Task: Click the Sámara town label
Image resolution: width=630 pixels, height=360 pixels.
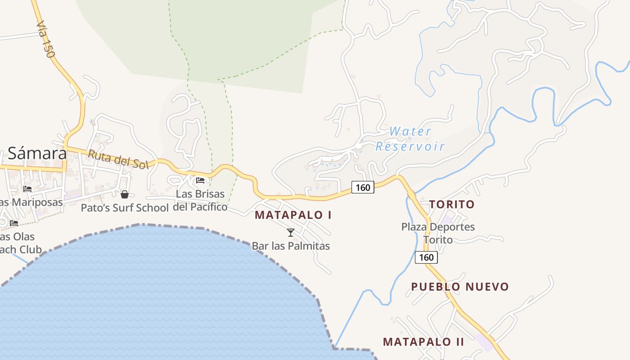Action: pyautogui.click(x=37, y=154)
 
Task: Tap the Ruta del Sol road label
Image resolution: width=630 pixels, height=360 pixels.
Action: pyautogui.click(x=118, y=159)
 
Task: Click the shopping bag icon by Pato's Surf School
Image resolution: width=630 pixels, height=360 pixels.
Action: pyautogui.click(x=125, y=194)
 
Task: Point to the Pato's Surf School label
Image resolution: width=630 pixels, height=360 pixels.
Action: pyautogui.click(x=125, y=207)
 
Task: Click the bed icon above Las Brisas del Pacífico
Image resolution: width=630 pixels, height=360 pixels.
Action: pyautogui.click(x=200, y=180)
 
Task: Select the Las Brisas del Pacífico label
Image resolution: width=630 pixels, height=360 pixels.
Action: pyautogui.click(x=200, y=201)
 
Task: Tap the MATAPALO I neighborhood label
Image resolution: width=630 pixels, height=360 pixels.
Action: pyautogui.click(x=293, y=215)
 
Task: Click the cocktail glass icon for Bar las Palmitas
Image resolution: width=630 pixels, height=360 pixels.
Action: pyautogui.click(x=291, y=233)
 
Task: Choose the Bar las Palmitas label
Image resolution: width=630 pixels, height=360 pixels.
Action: pyautogui.click(x=291, y=246)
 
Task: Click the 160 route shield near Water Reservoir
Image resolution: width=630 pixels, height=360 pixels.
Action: pyautogui.click(x=363, y=187)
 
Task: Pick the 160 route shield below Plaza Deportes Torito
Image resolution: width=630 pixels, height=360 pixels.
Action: pyautogui.click(x=426, y=257)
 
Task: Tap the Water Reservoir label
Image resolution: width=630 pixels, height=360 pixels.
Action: pyautogui.click(x=410, y=139)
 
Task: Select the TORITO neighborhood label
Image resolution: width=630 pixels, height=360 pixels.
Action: pyautogui.click(x=452, y=204)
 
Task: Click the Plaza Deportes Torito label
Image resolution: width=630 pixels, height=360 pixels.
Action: pyautogui.click(x=438, y=233)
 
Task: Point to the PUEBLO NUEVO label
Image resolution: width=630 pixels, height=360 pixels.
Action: pyautogui.click(x=460, y=287)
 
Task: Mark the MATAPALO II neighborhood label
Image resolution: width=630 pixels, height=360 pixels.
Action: pyautogui.click(x=423, y=342)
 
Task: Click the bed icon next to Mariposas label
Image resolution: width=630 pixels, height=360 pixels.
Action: pyautogui.click(x=27, y=189)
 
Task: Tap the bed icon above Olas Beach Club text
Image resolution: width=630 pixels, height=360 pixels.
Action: pyautogui.click(x=14, y=223)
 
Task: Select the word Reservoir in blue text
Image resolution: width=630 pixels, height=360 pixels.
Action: pyautogui.click(x=410, y=146)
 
